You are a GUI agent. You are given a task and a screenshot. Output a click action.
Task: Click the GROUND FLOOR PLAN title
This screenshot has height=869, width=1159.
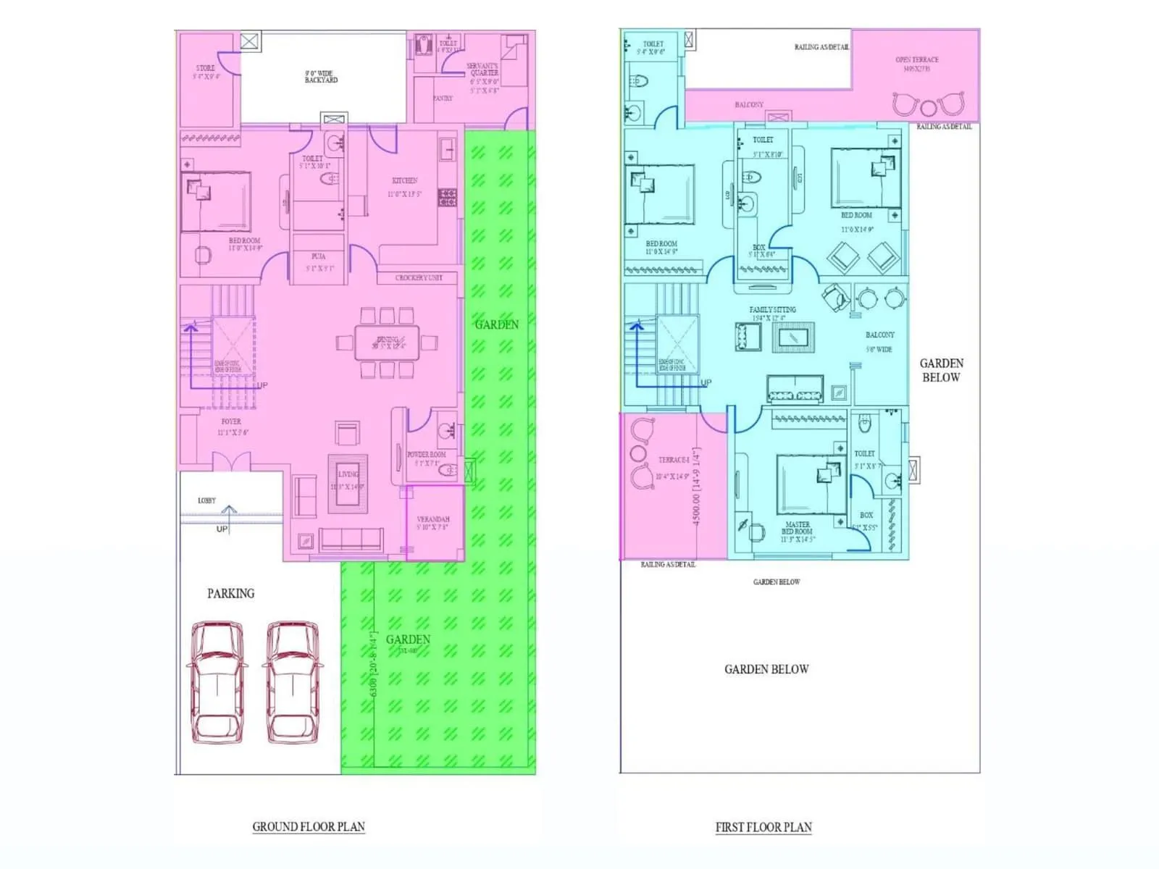(309, 826)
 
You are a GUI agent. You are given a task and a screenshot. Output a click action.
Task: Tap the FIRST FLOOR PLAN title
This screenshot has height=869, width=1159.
(763, 827)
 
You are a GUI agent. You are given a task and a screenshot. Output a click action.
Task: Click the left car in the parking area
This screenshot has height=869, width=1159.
(217, 681)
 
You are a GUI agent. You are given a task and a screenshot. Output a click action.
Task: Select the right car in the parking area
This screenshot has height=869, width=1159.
(293, 681)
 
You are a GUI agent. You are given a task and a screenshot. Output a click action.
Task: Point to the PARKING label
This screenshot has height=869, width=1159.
(231, 594)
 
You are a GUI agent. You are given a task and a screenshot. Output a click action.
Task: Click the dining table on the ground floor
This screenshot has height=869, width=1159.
(387, 341)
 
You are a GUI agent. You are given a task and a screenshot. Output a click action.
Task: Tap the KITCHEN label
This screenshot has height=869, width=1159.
(405, 180)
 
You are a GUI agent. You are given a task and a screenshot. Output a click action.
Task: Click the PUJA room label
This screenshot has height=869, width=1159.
(319, 256)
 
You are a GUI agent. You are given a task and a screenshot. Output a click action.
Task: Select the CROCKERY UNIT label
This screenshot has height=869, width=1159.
(419, 277)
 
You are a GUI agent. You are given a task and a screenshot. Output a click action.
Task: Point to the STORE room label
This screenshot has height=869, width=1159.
(206, 68)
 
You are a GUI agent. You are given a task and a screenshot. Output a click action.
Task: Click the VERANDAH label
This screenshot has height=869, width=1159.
(433, 519)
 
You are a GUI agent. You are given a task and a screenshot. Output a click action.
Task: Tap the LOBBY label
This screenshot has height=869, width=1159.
(206, 500)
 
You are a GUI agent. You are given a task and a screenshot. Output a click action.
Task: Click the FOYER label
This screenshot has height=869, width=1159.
(232, 421)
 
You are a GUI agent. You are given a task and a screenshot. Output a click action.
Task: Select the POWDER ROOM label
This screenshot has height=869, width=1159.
(426, 455)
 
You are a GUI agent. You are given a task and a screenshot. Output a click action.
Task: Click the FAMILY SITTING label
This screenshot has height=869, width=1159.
(772, 309)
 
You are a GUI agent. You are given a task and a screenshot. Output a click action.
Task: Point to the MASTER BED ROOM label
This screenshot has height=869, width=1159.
(798, 528)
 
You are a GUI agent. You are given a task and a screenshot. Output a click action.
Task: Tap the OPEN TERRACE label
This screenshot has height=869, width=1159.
(916, 60)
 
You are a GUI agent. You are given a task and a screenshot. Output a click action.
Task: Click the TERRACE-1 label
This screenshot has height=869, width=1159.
(674, 460)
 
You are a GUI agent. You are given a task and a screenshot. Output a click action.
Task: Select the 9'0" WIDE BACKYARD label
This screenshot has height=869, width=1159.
(321, 77)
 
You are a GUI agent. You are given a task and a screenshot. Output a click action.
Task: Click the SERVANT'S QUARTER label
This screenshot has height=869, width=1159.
(483, 70)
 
